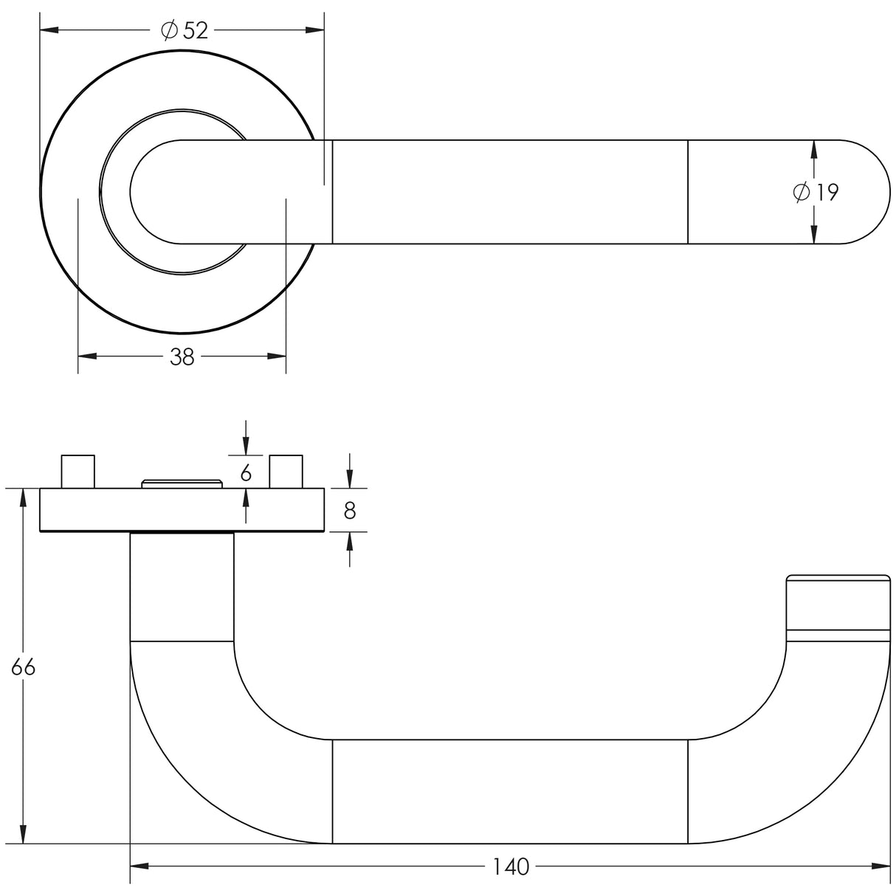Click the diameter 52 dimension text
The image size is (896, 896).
pyautogui.click(x=185, y=30)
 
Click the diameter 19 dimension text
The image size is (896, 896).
pyautogui.click(x=816, y=193)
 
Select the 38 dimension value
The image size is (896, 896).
pyautogui.click(x=182, y=357)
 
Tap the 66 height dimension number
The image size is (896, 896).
pyautogui.click(x=23, y=667)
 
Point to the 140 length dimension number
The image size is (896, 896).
pyautogui.click(x=511, y=866)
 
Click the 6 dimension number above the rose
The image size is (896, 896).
pyautogui.click(x=246, y=472)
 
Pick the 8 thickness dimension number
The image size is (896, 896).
pyautogui.click(x=350, y=510)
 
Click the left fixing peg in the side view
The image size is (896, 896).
pyautogui.click(x=77, y=472)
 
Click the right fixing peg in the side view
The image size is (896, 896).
pyautogui.click(x=286, y=472)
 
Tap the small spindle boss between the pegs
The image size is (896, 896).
pyautogui.click(x=182, y=483)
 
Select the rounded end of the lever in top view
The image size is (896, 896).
pyautogui.click(x=864, y=192)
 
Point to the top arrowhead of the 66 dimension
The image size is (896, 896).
pyautogui.click(x=24, y=497)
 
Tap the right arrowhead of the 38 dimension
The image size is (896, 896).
pyautogui.click(x=277, y=357)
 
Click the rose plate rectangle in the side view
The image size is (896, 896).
pyautogui.click(x=182, y=510)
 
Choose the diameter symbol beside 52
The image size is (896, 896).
pyautogui.click(x=169, y=30)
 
